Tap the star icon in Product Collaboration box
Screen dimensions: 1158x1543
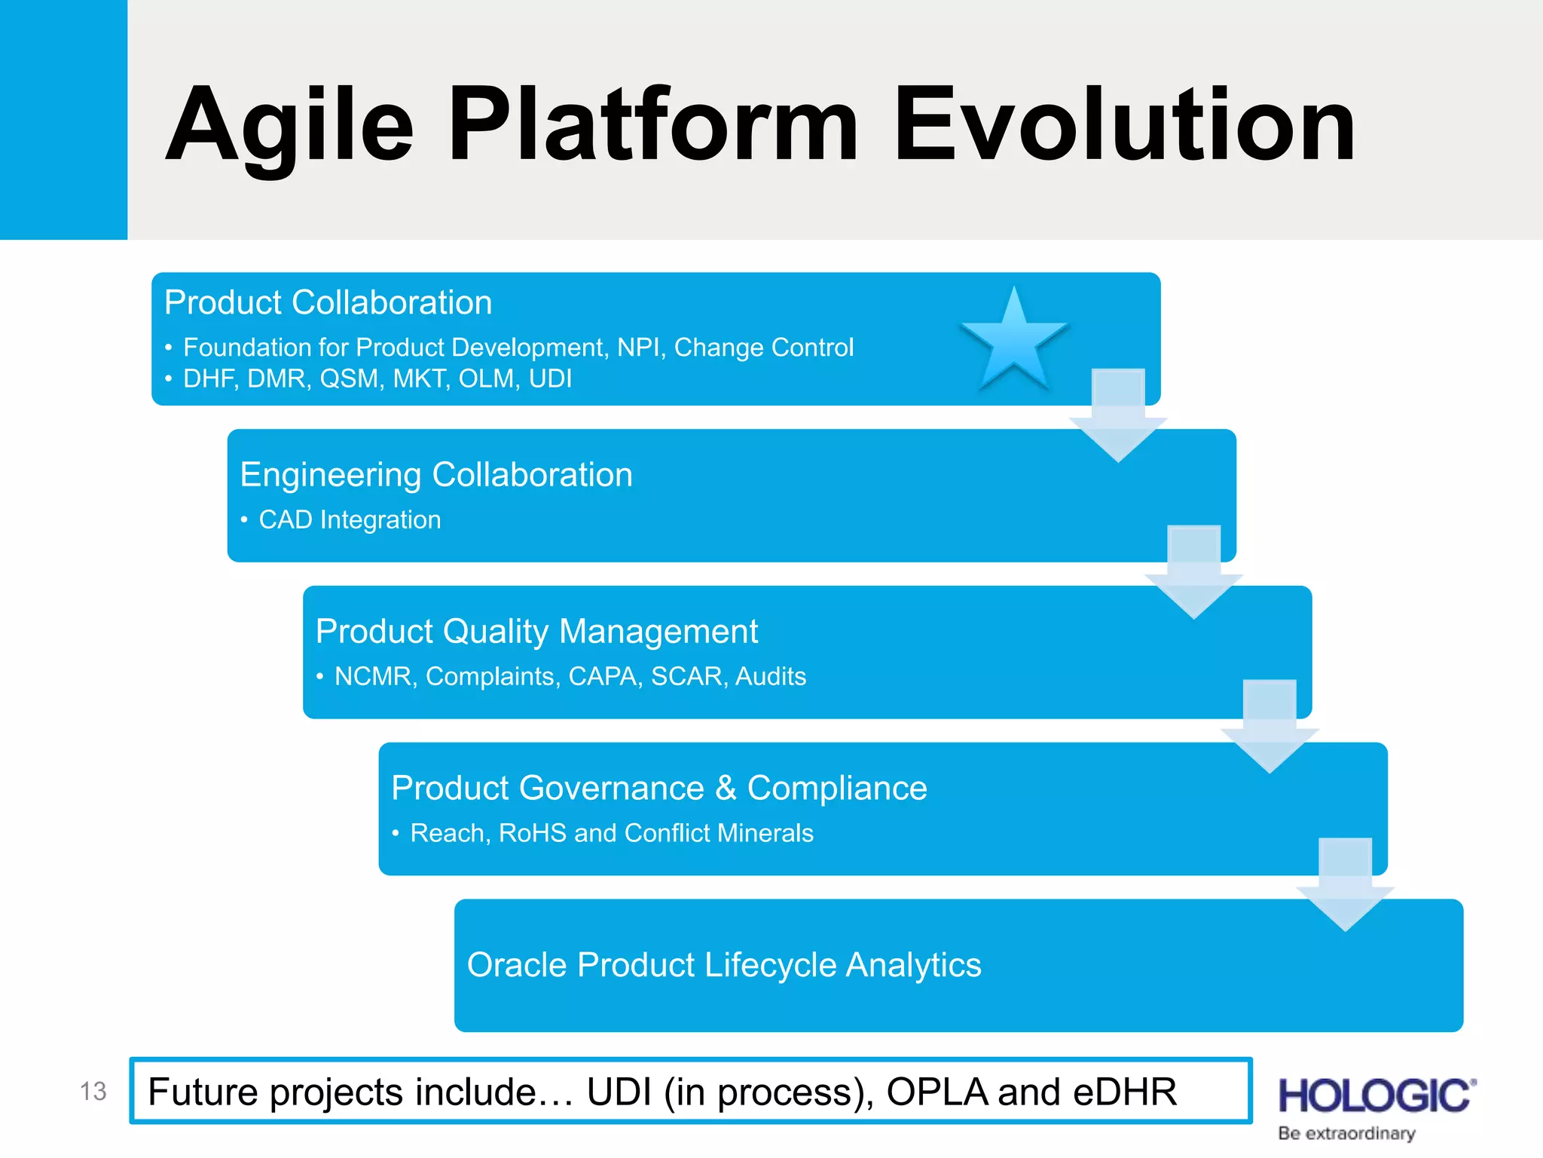click(x=1014, y=341)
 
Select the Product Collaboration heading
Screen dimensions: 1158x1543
click(x=328, y=302)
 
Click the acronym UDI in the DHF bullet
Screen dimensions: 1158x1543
click(x=550, y=378)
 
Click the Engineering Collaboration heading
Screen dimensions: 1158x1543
click(x=436, y=475)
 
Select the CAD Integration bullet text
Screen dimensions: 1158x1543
click(x=350, y=520)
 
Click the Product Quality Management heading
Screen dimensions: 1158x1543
click(x=536, y=632)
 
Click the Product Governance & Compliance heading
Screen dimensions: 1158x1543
click(x=659, y=789)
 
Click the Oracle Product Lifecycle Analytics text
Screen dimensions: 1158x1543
click(x=724, y=965)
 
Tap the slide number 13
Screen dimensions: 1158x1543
click(x=93, y=1092)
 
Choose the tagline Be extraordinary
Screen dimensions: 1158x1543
click(x=1346, y=1134)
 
